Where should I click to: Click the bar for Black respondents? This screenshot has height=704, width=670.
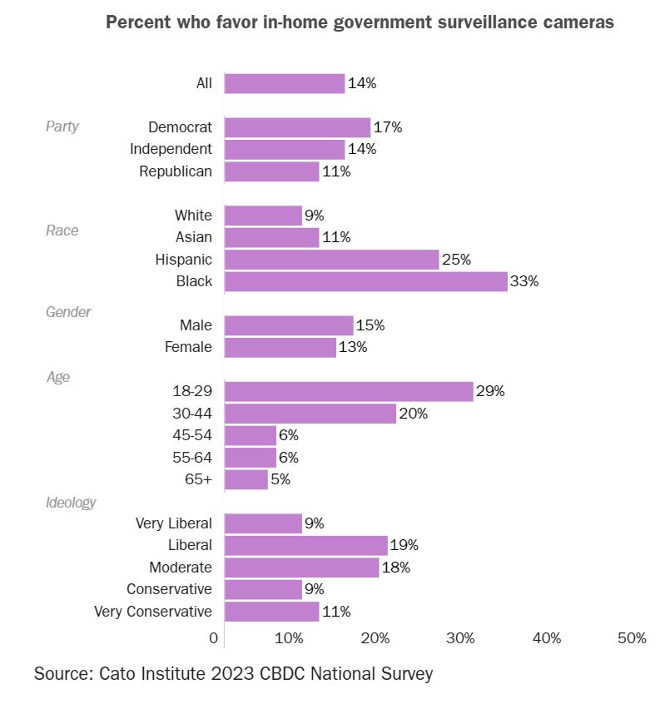point(365,281)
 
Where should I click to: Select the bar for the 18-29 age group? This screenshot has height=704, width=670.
point(349,391)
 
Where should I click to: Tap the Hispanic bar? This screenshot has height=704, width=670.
point(331,260)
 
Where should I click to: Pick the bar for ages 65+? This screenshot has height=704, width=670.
point(246,479)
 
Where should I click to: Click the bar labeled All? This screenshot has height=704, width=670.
point(285,83)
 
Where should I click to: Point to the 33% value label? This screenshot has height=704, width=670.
point(524,281)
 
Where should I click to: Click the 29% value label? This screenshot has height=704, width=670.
point(490,391)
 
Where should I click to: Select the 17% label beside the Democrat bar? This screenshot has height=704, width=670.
point(387,127)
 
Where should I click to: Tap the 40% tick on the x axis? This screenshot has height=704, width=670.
point(547,638)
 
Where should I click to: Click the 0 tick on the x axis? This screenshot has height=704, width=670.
point(215,638)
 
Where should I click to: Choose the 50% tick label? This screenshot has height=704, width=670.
point(632,638)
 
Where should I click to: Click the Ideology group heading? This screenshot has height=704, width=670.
point(71,503)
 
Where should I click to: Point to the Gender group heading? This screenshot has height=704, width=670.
point(68,312)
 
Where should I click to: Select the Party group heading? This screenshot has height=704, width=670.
point(62,126)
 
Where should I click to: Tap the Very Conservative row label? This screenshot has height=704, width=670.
point(153,612)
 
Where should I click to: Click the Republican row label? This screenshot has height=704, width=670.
point(176,171)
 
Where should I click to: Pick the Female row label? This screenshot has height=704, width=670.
point(188,347)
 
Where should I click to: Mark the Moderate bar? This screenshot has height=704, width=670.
point(301,568)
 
